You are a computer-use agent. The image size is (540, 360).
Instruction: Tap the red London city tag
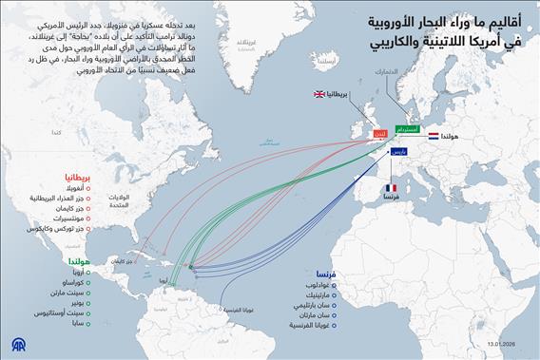pos(380,136)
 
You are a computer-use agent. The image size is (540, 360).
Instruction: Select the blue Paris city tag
pos(400,151)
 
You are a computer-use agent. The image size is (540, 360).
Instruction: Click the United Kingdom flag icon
pos(318,96)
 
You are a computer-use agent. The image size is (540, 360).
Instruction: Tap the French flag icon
pos(391,188)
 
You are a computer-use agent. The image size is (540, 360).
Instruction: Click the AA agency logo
pos(16,342)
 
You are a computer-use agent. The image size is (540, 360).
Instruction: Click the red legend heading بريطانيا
pos(77,178)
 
